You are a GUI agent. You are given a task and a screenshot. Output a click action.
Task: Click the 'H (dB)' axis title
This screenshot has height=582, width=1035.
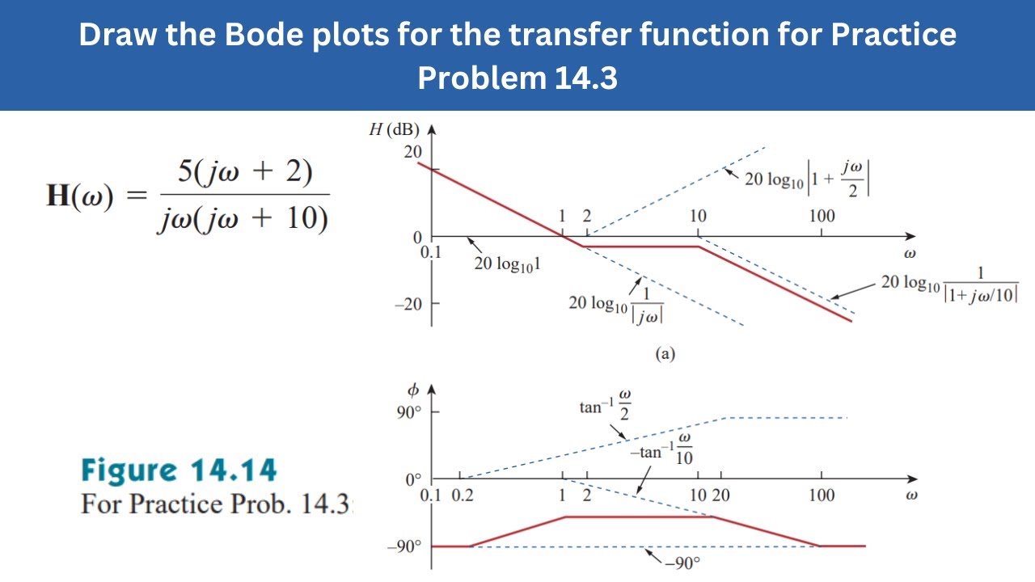(x=395, y=130)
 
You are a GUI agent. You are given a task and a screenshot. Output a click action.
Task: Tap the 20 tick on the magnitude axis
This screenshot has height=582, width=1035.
(x=412, y=152)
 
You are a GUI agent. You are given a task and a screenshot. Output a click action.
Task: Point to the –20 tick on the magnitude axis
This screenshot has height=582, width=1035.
(x=408, y=304)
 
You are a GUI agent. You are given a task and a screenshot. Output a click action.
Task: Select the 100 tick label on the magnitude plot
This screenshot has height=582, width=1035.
(x=822, y=216)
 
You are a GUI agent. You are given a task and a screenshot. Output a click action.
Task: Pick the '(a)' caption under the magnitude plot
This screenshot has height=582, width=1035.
(x=665, y=353)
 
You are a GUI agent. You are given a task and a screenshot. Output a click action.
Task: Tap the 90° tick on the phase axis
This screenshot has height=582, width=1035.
(x=408, y=412)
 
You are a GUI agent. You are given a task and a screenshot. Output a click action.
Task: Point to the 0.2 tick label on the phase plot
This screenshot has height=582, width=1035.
(x=463, y=496)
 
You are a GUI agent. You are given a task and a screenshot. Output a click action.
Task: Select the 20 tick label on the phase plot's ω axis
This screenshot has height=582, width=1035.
(x=721, y=496)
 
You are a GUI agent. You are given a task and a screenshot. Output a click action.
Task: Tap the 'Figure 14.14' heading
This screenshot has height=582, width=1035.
(x=179, y=470)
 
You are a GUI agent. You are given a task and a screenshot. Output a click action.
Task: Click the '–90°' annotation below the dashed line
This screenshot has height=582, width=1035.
(x=682, y=563)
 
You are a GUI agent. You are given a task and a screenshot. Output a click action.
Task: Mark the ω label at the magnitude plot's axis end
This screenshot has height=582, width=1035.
(x=910, y=253)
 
